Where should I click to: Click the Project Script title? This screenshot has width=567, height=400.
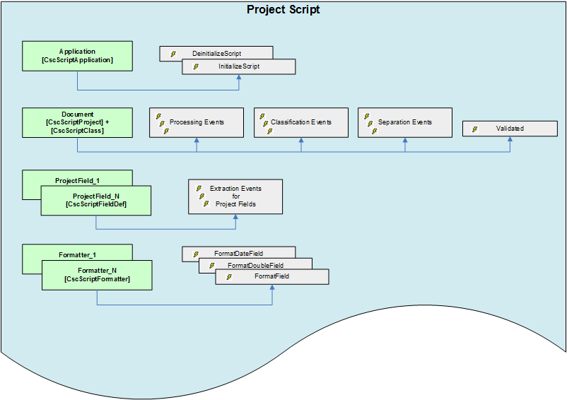(283, 10)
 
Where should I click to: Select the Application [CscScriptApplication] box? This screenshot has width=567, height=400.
(77, 56)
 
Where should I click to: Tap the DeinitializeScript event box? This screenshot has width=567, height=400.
(216, 53)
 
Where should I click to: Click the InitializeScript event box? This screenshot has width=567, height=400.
(239, 66)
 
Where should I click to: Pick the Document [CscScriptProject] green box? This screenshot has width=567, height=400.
(77, 122)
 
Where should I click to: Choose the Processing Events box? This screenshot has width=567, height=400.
(197, 122)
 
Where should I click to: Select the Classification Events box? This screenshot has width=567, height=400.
(301, 122)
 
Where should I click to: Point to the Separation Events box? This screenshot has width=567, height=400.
(405, 122)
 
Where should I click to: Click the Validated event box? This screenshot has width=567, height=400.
(510, 129)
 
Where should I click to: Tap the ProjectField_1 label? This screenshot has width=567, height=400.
(77, 181)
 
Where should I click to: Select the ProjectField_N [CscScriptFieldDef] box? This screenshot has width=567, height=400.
(95, 200)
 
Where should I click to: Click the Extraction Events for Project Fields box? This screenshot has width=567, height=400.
(235, 196)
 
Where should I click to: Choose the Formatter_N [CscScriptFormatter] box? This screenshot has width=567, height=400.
(97, 275)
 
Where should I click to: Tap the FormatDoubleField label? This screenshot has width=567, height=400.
(255, 265)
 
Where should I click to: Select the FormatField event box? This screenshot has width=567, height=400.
(272, 276)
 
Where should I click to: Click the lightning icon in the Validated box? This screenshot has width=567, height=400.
(474, 129)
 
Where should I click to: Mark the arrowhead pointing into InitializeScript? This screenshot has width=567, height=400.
(239, 78)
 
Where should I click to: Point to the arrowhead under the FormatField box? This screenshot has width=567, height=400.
(272, 288)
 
